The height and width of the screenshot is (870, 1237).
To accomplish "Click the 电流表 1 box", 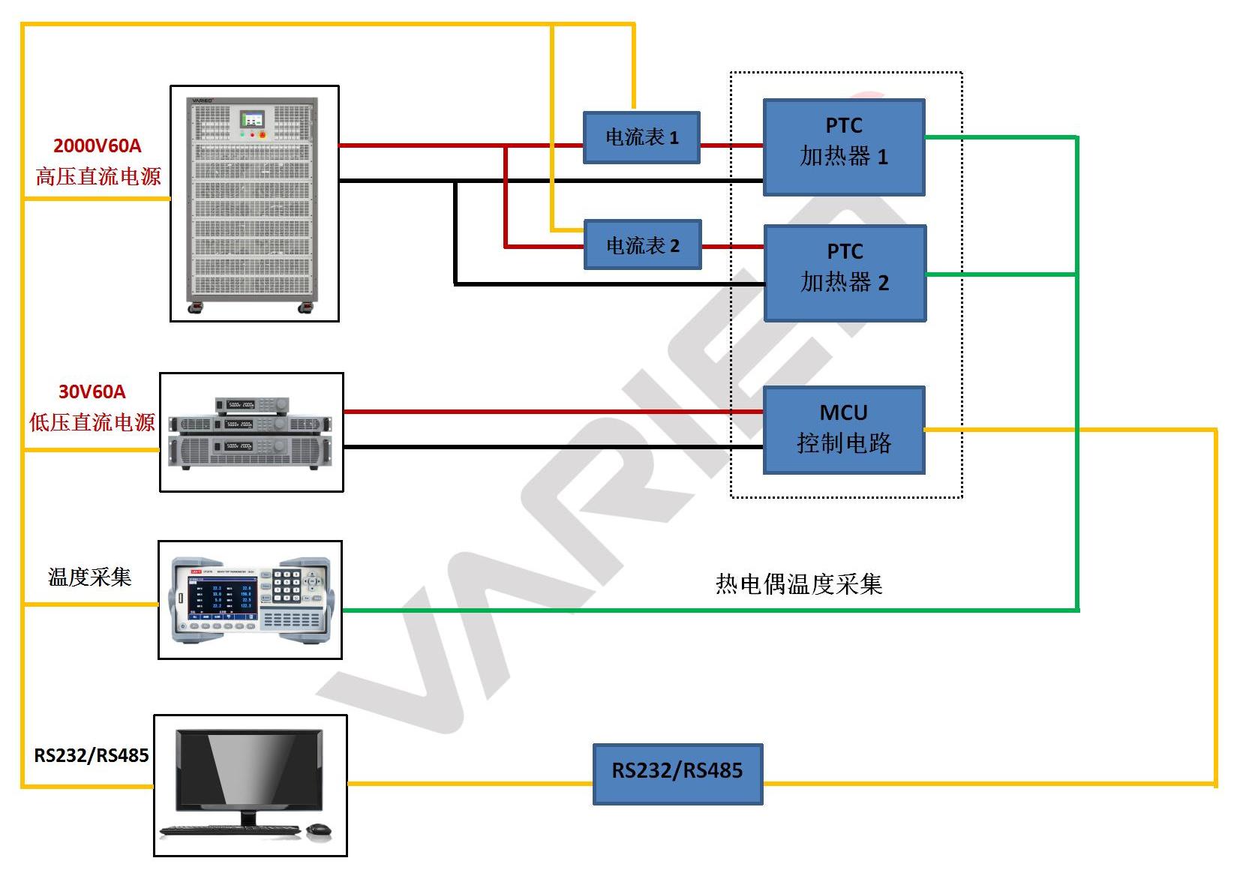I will (641, 137).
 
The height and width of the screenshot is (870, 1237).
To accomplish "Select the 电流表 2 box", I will (642, 245).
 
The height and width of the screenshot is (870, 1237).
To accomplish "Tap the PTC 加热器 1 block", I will (844, 147).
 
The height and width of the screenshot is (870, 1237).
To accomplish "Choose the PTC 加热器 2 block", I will (845, 273).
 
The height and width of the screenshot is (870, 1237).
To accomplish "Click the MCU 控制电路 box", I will (844, 430).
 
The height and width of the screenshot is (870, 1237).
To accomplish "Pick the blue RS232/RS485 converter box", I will (677, 774).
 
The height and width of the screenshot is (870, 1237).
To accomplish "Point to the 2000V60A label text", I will (97, 145).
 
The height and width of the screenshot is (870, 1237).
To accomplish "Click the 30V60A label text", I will (92, 391).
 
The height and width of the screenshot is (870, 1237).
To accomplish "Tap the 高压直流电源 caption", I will (98, 177).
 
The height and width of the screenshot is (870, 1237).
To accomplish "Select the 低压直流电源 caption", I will (92, 422).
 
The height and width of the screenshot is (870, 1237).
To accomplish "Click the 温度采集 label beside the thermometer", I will (89, 577).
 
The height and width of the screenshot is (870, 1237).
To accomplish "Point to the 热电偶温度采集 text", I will (798, 583).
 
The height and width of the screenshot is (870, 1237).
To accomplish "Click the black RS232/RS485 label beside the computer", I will (92, 755).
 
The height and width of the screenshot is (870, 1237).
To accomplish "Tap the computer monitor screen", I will (251, 769).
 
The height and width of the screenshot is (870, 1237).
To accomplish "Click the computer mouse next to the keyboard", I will (319, 829).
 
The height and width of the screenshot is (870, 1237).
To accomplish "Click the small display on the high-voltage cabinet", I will (251, 119).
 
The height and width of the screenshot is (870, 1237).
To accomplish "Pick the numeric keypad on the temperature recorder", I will (287, 586).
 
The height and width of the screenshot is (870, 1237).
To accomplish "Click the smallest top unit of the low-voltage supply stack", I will (251, 405).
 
